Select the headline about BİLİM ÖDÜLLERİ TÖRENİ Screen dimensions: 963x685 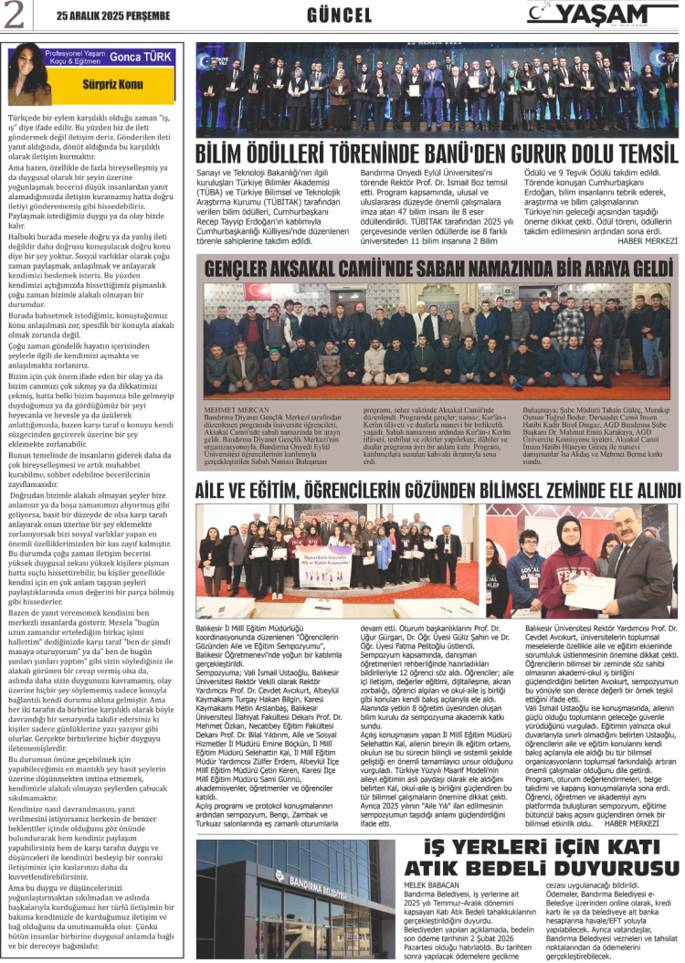[437, 153]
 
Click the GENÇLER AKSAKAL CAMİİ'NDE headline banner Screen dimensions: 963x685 [437, 268]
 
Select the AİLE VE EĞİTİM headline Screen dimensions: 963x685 [437, 491]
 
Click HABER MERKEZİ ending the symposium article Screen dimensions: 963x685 [633, 797]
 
